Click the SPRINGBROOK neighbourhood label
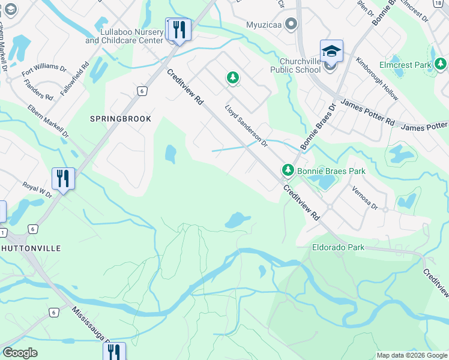click(x=120, y=119)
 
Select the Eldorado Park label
click(x=338, y=247)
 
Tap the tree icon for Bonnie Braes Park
click(x=288, y=171)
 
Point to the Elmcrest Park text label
click(x=405, y=64)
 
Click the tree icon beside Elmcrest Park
click(x=441, y=64)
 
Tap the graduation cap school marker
click(x=331, y=52)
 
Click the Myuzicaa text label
click(x=264, y=25)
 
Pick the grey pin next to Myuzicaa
click(x=291, y=25)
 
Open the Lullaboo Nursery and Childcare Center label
click(x=124, y=36)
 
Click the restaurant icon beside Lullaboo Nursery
click(x=179, y=29)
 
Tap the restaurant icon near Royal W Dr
click(x=63, y=178)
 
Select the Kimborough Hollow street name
click(x=376, y=78)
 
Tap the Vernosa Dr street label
click(x=366, y=197)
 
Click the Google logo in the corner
click(x=20, y=353)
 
